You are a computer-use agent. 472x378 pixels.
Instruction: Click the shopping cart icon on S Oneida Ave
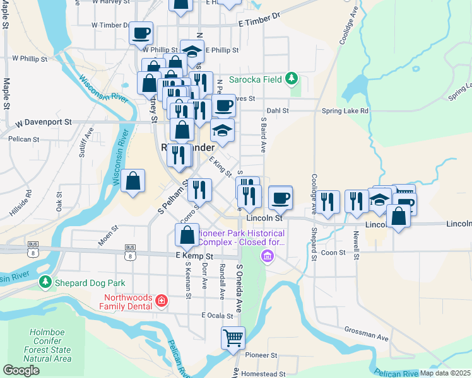tap(233, 338)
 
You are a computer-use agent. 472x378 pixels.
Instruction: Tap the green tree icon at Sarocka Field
tap(291, 78)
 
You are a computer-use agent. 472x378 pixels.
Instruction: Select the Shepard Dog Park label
tap(89, 283)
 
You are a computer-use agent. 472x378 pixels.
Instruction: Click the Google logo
tap(21, 370)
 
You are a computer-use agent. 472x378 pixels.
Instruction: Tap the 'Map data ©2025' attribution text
tap(445, 373)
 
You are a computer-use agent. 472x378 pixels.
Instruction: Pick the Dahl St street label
tap(277, 110)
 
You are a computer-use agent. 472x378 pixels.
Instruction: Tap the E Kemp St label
tap(194, 256)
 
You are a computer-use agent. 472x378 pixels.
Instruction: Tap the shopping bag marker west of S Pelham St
tap(133, 181)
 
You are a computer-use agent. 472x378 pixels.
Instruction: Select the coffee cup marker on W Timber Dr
tap(141, 32)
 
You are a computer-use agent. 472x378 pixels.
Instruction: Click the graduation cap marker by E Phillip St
tap(192, 51)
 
